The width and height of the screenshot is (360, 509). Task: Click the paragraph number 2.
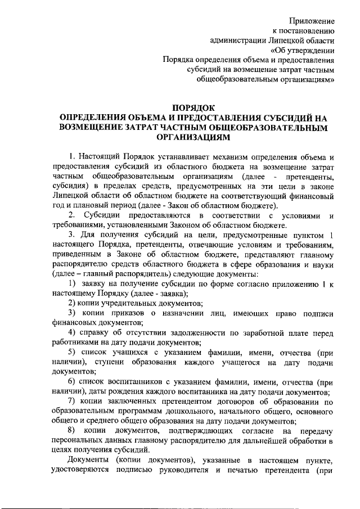(x=70, y=216)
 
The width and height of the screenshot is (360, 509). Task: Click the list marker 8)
(x=71, y=430)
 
